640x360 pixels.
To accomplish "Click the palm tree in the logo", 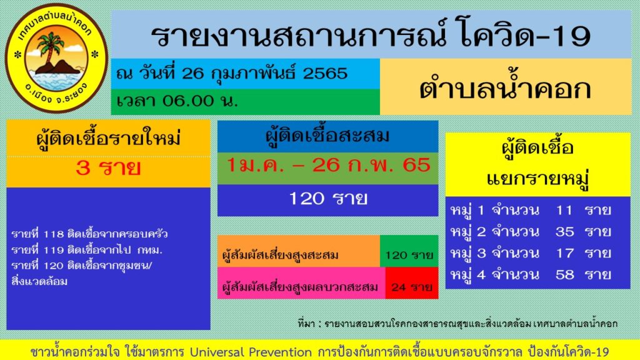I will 49,47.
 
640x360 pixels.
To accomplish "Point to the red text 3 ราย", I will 108,169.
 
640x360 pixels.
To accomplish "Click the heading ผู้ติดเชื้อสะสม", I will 327,136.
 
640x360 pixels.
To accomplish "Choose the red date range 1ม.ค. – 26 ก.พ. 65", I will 329,165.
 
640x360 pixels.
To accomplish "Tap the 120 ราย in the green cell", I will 409,255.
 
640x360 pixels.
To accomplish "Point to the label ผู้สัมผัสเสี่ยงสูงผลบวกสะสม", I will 300,287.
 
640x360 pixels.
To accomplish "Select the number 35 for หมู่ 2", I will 564,232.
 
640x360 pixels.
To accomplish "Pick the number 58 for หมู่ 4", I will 564,275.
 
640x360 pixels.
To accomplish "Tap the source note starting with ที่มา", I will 457,323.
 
